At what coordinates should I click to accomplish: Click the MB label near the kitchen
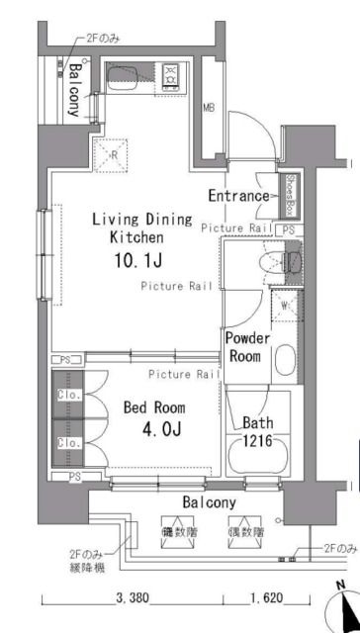point(209,108)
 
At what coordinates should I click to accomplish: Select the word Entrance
point(237,196)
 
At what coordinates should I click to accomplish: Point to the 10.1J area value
point(135,261)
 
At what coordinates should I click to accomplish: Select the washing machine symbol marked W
point(284,306)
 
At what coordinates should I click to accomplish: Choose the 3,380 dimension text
point(133,598)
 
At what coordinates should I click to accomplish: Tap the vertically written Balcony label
point(73,91)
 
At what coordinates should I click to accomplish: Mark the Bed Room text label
point(153,407)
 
